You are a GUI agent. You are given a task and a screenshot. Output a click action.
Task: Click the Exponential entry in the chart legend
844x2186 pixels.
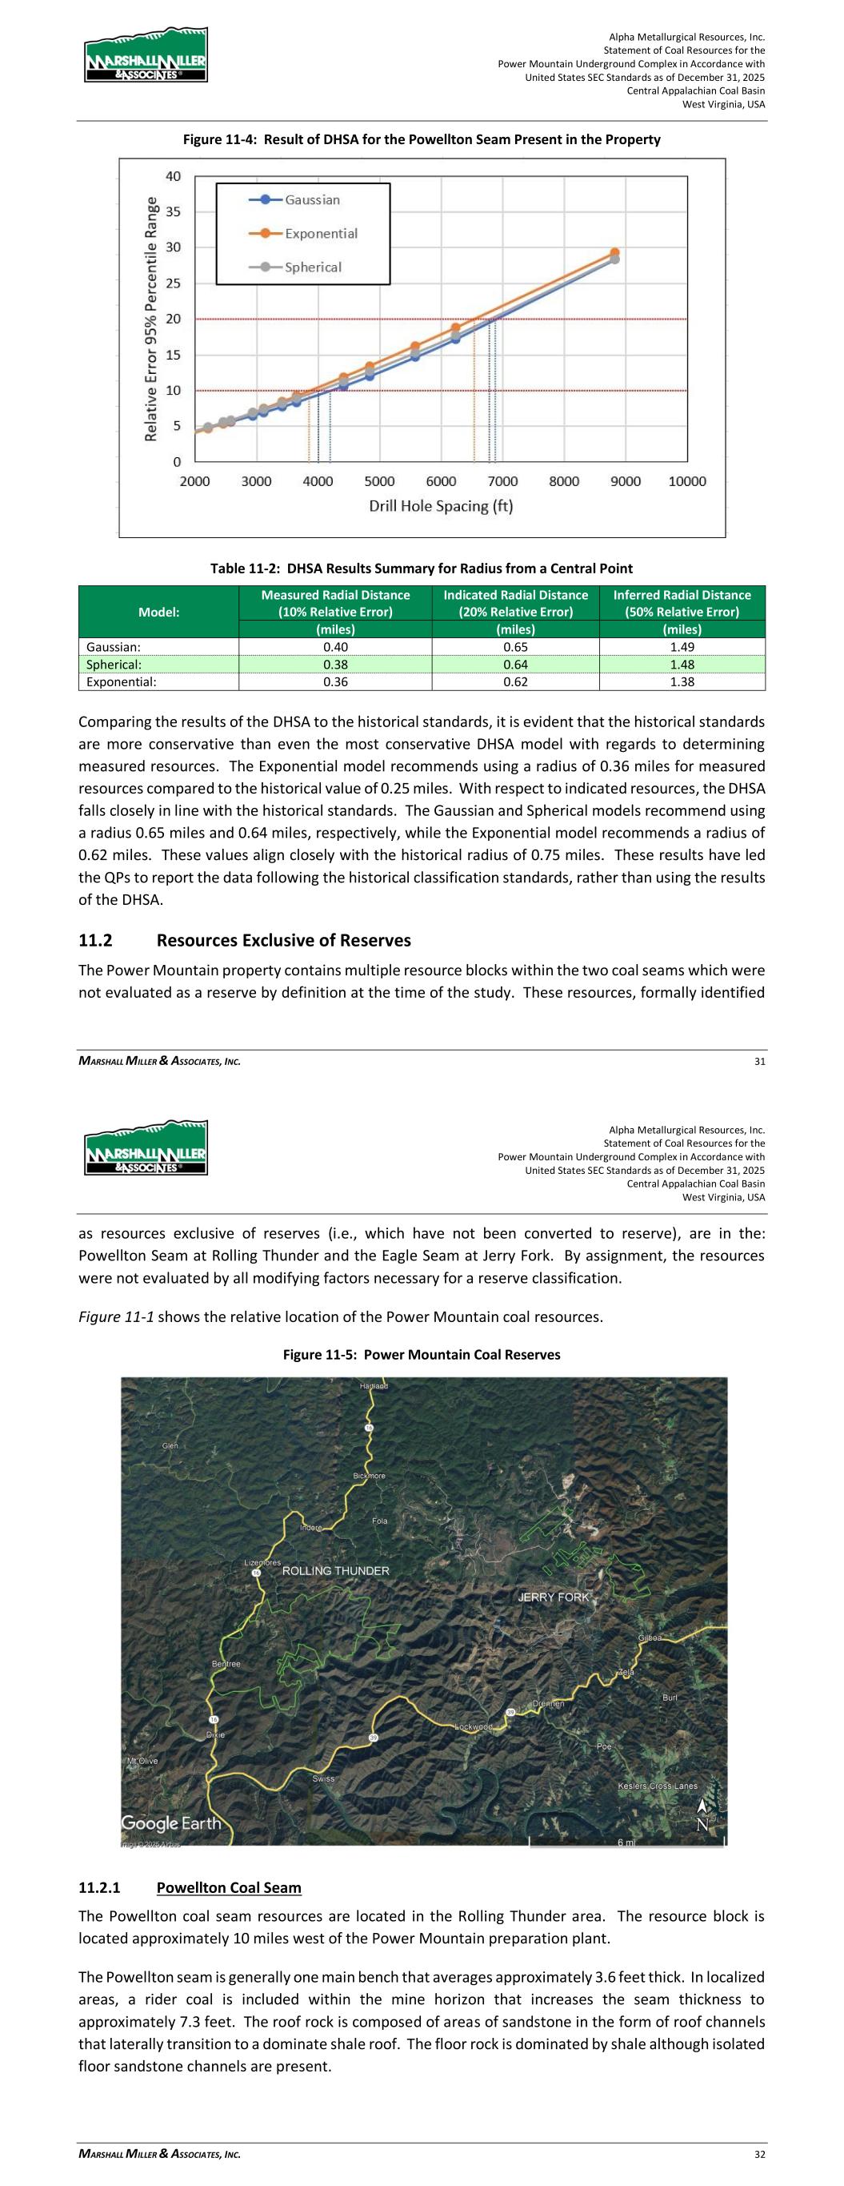click(x=321, y=233)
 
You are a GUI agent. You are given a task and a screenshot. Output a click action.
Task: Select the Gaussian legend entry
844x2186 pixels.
click(x=311, y=199)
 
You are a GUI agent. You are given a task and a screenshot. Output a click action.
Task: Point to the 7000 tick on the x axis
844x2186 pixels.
click(x=502, y=481)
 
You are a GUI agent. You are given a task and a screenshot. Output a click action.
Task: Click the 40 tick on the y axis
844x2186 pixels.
click(x=173, y=176)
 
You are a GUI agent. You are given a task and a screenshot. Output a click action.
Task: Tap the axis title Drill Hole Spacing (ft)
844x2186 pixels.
click(x=440, y=507)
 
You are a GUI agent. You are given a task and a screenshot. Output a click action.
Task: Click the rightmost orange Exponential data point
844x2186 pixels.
click(x=614, y=253)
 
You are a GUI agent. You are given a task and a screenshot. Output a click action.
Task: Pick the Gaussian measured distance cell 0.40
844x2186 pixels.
click(x=335, y=647)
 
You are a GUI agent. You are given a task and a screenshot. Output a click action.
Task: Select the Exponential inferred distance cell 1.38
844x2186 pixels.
click(x=681, y=681)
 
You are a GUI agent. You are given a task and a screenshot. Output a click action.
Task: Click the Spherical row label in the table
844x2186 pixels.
click(x=114, y=665)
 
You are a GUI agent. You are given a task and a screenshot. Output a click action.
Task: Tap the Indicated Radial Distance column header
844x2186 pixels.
click(x=515, y=604)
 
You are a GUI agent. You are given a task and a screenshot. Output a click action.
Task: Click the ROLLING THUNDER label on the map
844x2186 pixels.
click(x=335, y=1571)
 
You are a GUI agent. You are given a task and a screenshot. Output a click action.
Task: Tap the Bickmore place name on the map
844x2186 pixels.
click(x=369, y=1476)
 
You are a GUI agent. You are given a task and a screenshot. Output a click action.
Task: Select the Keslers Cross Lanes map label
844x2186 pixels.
click(x=658, y=1786)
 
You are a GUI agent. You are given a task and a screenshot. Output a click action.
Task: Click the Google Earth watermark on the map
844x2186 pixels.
click(x=171, y=1822)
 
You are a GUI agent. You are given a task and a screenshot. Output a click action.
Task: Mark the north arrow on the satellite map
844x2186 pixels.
click(x=702, y=1814)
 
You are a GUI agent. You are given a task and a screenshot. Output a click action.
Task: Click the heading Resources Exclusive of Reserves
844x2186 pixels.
click(x=283, y=940)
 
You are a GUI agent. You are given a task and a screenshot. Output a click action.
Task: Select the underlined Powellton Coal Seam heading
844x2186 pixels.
click(x=229, y=1887)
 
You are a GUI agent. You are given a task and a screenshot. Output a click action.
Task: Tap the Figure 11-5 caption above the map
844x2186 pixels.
click(x=422, y=1354)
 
